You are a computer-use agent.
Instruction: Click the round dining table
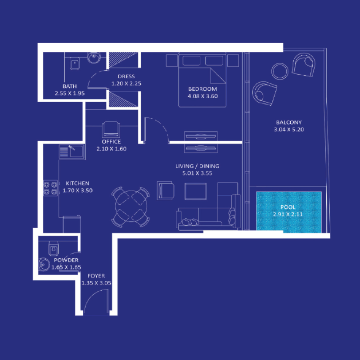pos(131,207)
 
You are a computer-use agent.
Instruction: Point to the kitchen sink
pos(72,151)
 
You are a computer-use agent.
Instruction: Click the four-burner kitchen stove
pos(50,188)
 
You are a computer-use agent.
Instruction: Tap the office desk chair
pos(111,130)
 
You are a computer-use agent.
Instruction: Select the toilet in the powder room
pos(53,247)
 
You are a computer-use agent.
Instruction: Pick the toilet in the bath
pos(75,64)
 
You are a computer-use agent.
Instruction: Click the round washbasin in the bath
pos(94,58)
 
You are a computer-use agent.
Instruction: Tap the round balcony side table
pos(280,70)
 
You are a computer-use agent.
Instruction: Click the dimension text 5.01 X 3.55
pos(197,173)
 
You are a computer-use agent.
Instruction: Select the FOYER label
pos(96,276)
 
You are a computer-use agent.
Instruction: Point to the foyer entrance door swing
pos(95,300)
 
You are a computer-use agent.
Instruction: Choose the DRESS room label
pos(123,76)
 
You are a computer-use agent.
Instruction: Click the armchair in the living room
pos(165,190)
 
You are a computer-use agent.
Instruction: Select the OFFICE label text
pos(111,142)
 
